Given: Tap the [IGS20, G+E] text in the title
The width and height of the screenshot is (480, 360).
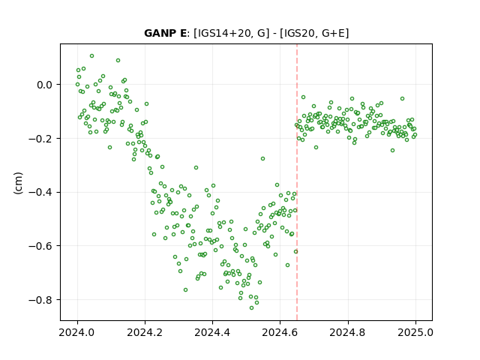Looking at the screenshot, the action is pyautogui.click(x=314, y=33).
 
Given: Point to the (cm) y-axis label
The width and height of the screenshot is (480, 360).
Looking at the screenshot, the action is pyautogui.click(x=18, y=183).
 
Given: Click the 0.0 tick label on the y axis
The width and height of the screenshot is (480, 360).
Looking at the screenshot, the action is pyautogui.click(x=45, y=85).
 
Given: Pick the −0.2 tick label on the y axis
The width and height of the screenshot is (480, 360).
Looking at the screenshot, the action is pyautogui.click(x=40, y=139).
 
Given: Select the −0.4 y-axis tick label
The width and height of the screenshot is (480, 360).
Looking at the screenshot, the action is pyautogui.click(x=40, y=193).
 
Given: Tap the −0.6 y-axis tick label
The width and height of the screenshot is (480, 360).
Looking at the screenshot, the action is pyautogui.click(x=40, y=246).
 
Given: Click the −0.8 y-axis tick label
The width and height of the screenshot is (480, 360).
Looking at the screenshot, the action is pyautogui.click(x=40, y=300).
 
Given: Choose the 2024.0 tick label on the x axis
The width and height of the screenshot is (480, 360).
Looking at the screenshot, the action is pyautogui.click(x=77, y=332).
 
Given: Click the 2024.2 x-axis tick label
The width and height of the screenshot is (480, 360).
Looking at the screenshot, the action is pyautogui.click(x=145, y=332).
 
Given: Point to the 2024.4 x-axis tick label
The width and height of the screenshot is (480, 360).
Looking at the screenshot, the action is pyautogui.click(x=212, y=332).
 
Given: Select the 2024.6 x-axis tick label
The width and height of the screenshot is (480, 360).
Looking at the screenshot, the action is pyautogui.click(x=280, y=332).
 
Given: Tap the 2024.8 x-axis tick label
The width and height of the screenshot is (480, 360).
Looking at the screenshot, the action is pyautogui.click(x=348, y=332).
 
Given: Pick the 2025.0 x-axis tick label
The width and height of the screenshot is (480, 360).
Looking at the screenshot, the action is pyautogui.click(x=415, y=332).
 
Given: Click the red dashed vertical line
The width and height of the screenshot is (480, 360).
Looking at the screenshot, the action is pyautogui.click(x=297, y=182).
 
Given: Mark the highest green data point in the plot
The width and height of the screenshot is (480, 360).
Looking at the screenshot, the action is pyautogui.click(x=91, y=56).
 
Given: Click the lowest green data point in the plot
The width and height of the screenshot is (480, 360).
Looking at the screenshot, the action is pyautogui.click(x=252, y=308).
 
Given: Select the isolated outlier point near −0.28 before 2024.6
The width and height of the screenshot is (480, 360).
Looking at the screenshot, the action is pyautogui.click(x=263, y=158).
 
